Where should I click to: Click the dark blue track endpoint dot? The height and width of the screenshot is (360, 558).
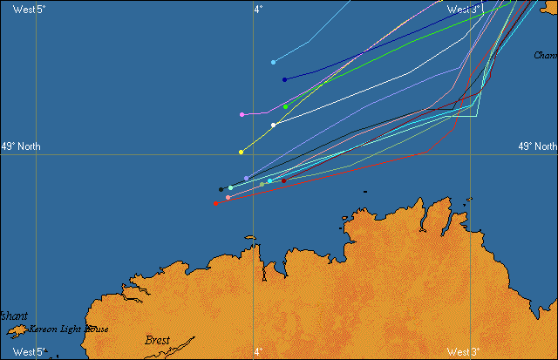pyautogui.click(x=285, y=79)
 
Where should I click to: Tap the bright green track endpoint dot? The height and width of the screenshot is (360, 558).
pyautogui.click(x=285, y=106)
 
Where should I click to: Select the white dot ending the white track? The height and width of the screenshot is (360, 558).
pyautogui.click(x=273, y=125)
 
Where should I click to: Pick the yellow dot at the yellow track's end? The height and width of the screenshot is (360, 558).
pyautogui.click(x=241, y=152)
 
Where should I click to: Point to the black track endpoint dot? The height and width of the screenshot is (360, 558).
pyautogui.click(x=221, y=189)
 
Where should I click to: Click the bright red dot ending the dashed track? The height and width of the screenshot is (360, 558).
pyautogui.click(x=216, y=204)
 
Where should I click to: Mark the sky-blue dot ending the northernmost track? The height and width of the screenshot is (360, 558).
pyautogui.click(x=274, y=62)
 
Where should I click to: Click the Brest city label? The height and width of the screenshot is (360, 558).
pyautogui.click(x=157, y=341)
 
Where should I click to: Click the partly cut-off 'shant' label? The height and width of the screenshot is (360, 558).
pyautogui.click(x=14, y=316)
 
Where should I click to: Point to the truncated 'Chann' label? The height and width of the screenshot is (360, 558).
pyautogui.click(x=545, y=55)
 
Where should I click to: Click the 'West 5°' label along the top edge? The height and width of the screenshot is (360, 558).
pyautogui.click(x=29, y=9)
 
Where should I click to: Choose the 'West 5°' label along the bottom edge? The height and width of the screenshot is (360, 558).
pyautogui.click(x=29, y=352)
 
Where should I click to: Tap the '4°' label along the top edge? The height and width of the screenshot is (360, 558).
pyautogui.click(x=258, y=9)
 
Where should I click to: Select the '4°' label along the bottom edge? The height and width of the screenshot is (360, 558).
pyautogui.click(x=258, y=352)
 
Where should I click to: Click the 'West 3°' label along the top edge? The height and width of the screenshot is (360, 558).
pyautogui.click(x=464, y=9)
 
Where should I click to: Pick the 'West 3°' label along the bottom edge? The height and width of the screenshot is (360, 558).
pyautogui.click(x=463, y=352)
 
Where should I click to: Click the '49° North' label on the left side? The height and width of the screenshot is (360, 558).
pyautogui.click(x=21, y=146)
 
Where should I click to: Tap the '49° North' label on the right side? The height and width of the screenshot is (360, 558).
pyautogui.click(x=537, y=146)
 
